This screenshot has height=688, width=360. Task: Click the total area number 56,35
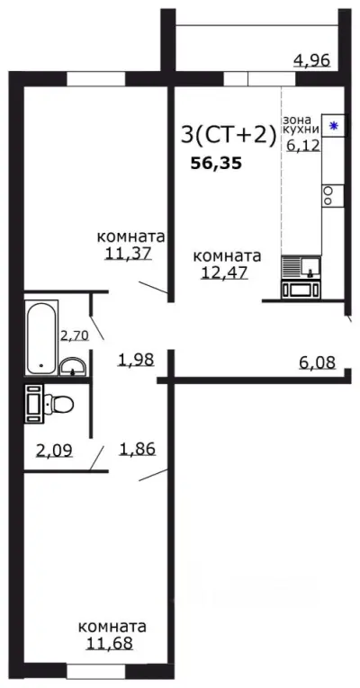coord(215,164)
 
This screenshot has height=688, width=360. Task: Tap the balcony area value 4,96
coord(311,61)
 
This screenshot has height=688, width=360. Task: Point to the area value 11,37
coord(127,253)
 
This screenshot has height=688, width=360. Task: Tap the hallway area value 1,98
coord(137,360)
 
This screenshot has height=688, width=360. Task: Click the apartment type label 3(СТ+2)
coord(227,135)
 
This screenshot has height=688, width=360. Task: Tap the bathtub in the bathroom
coord(40,337)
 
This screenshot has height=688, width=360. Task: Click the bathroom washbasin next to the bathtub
coord(73,364)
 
